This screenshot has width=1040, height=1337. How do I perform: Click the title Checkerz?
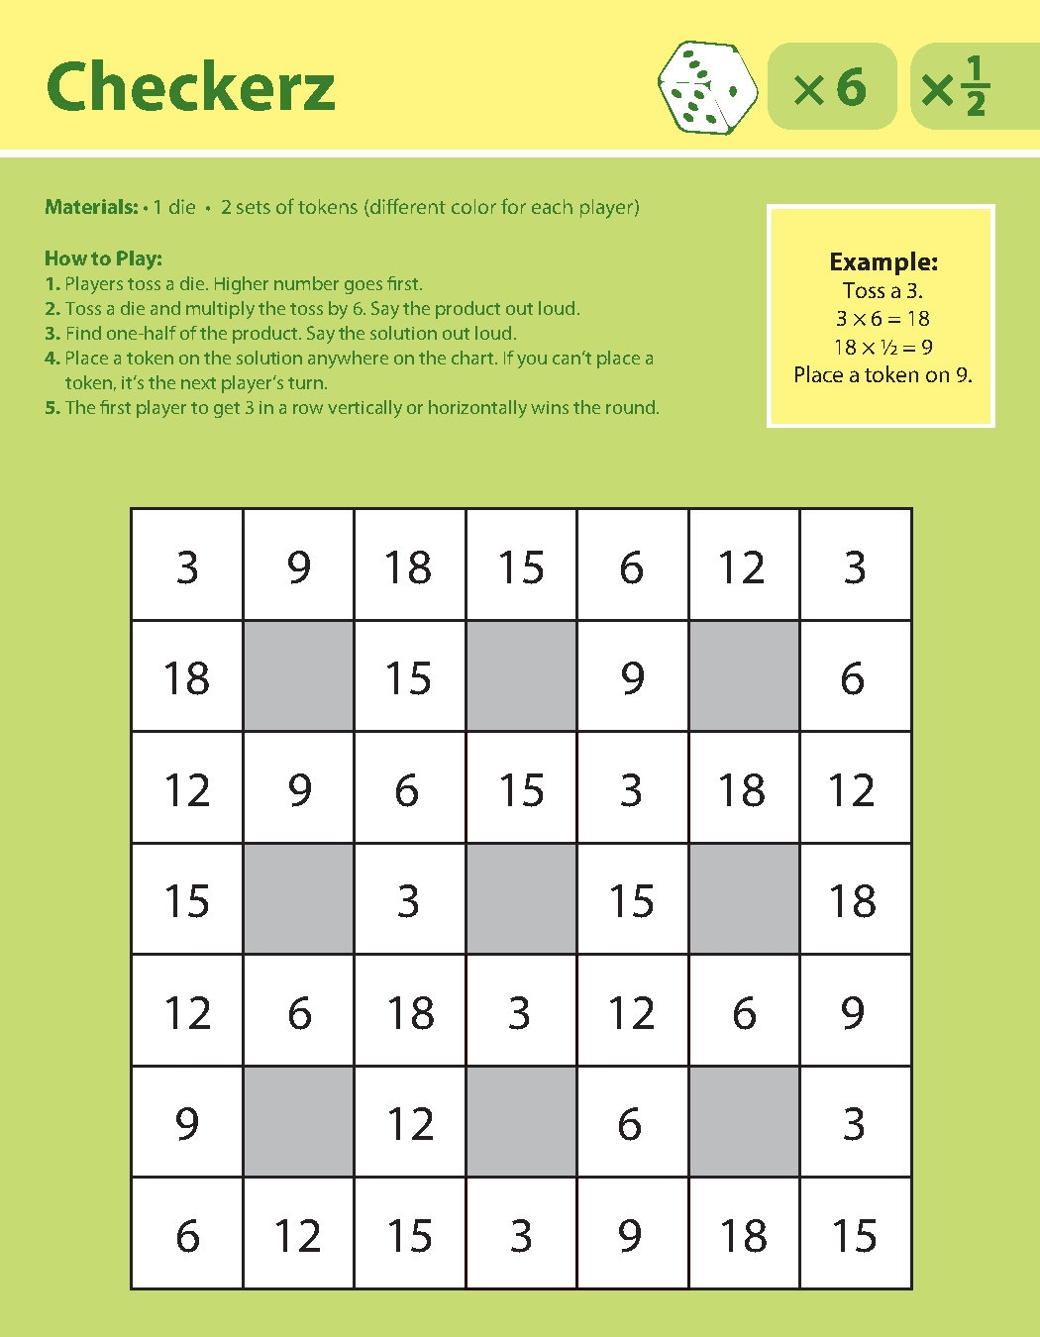190,87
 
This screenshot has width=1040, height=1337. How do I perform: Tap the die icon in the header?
707,87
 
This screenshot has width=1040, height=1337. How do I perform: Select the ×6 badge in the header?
831,87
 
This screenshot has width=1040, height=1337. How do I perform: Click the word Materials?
91,208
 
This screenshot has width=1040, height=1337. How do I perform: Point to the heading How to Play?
103,259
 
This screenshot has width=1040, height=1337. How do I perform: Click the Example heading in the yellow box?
883,262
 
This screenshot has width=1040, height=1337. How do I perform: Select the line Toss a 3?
883,291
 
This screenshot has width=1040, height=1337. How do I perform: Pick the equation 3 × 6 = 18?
883,319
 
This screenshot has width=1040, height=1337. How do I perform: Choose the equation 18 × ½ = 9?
883,348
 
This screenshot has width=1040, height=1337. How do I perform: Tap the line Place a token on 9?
883,375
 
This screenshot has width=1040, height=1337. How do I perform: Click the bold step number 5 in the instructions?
52,408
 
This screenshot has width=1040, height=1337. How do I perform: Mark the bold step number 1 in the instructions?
52,284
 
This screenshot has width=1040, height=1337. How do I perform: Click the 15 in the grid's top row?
521,567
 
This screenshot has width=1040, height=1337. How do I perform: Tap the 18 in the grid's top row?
408,567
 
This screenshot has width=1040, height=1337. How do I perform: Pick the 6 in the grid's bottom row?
187,1236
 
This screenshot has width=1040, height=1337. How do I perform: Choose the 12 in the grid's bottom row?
298,1236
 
